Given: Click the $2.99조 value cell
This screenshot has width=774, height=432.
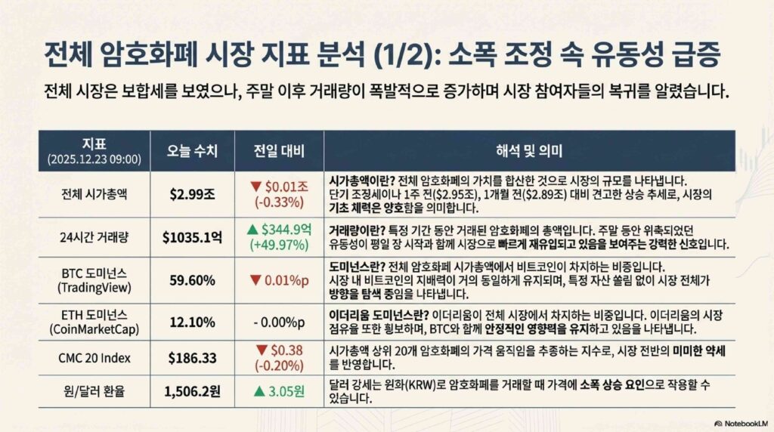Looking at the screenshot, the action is [x=192, y=194].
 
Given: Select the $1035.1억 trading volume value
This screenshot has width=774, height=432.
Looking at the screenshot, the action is [x=192, y=238].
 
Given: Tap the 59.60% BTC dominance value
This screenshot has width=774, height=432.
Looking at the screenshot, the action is [x=192, y=281].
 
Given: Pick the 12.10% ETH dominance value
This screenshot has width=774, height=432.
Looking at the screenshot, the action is [x=192, y=322].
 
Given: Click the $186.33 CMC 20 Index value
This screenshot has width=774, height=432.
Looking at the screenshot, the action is [x=192, y=358].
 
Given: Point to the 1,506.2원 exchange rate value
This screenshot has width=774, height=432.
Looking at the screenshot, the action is [x=192, y=391].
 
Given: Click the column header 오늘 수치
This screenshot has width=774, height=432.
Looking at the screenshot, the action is [x=192, y=151].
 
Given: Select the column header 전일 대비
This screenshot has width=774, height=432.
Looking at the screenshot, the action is [x=279, y=151].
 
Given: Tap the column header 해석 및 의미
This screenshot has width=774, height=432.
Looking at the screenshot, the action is [x=529, y=151].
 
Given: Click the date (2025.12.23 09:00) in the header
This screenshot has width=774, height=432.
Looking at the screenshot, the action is [x=94, y=159].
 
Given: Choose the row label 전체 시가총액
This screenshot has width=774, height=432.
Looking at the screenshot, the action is [x=94, y=194].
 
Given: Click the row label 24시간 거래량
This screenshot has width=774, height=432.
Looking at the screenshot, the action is [x=94, y=238].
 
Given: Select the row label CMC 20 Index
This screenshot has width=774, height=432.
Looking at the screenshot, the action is [x=94, y=358].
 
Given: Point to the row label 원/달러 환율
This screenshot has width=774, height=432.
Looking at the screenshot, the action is [x=94, y=391].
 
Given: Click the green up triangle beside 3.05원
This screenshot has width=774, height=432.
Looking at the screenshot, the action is [x=259, y=392].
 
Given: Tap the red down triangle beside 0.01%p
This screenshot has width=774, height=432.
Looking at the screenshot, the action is [x=255, y=281].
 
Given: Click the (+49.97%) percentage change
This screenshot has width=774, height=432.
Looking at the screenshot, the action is [x=279, y=245].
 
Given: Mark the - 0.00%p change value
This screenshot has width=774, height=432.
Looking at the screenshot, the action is [x=279, y=322].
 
